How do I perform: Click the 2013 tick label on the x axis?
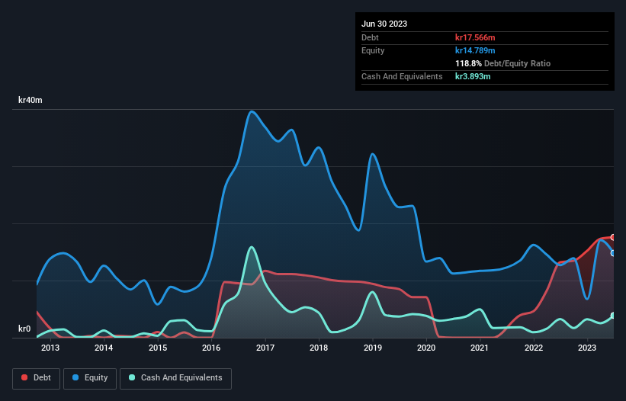tap(50, 348)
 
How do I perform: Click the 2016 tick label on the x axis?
tap(211, 348)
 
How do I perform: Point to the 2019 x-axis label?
tap(373, 348)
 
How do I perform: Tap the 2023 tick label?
tap(587, 348)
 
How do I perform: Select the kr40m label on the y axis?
tap(30, 101)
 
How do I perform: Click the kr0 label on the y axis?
tap(24, 329)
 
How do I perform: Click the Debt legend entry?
tap(37, 377)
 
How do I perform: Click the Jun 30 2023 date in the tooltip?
tap(384, 24)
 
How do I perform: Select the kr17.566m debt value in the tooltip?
tap(477, 37)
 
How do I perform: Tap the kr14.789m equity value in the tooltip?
tap(477, 50)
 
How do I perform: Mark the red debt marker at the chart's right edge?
tap(612, 238)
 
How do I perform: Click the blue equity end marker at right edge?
tap(612, 253)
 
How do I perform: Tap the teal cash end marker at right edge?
tap(612, 316)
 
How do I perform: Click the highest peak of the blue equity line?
tap(252, 111)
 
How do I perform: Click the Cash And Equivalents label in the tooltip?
tap(402, 76)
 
